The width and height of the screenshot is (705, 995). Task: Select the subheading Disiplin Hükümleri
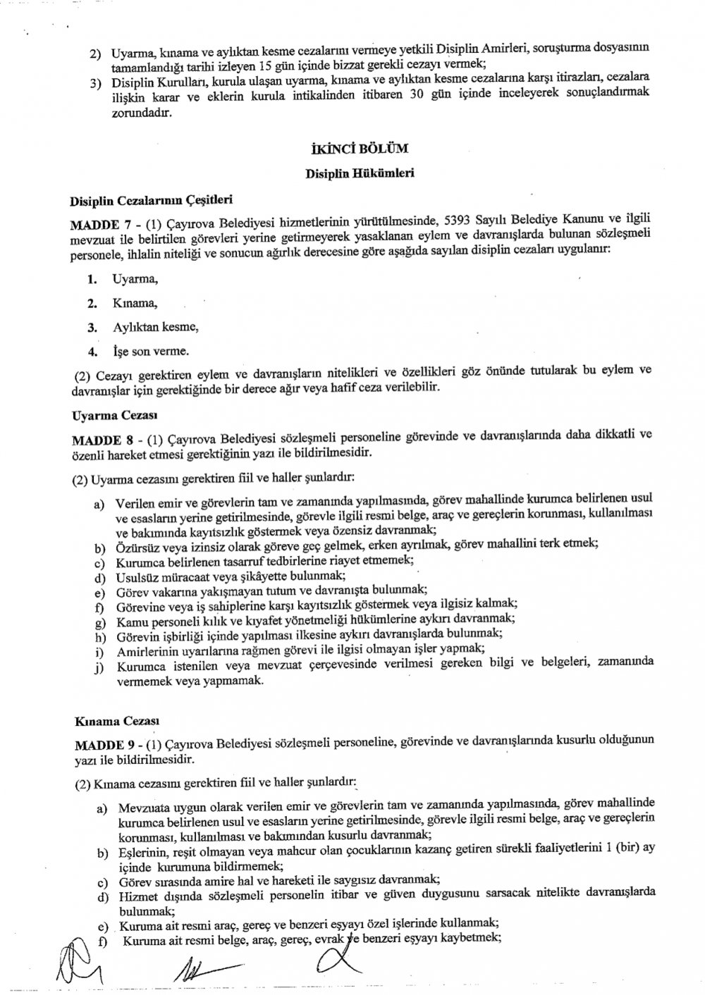360,173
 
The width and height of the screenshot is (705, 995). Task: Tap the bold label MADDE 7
98,224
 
